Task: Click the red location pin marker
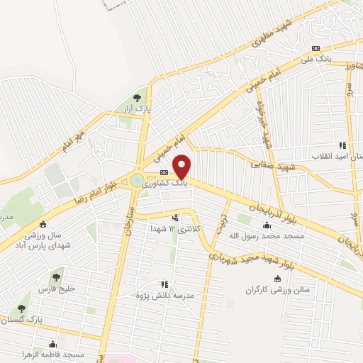[x=182, y=167]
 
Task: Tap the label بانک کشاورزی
[x=167, y=183]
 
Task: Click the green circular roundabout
[x=135, y=181]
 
